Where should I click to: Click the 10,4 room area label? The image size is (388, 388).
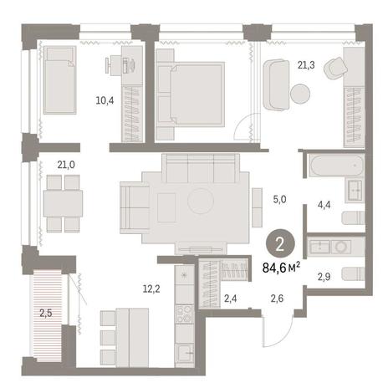(105, 100)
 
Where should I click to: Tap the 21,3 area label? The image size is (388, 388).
(306, 65)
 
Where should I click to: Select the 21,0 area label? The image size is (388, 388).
(66, 165)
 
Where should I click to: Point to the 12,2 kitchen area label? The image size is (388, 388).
(151, 289)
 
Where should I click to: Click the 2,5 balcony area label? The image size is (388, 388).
(46, 314)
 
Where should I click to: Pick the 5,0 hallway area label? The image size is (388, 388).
(279, 200)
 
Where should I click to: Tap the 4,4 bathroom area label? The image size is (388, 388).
(324, 205)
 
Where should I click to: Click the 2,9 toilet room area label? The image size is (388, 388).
(324, 277)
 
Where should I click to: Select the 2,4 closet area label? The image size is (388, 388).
(231, 299)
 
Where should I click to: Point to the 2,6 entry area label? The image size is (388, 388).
(277, 299)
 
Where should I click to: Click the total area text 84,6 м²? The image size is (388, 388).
(282, 268)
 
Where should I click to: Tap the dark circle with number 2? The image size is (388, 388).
(280, 243)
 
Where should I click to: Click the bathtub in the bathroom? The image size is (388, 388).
(336, 166)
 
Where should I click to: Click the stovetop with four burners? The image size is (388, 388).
(184, 314)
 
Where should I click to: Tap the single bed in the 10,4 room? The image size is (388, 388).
(59, 80)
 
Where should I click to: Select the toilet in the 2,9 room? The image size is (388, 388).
(354, 273)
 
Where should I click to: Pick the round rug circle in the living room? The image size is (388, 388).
(201, 201)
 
